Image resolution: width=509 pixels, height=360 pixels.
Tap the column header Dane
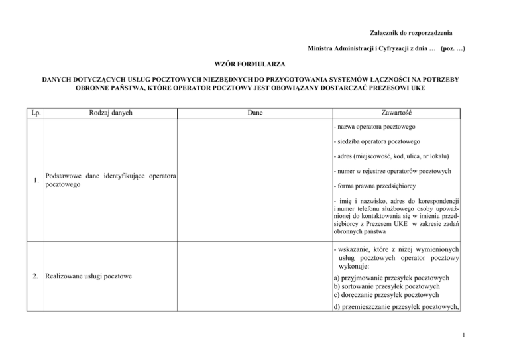point(254,113)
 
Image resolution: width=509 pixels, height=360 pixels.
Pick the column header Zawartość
point(396,113)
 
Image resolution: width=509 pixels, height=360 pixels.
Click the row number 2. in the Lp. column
point(36,280)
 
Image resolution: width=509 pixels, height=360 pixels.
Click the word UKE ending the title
point(416,88)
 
